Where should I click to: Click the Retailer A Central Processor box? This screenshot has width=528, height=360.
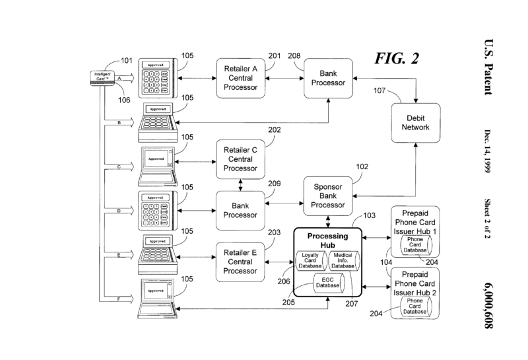click(241, 77)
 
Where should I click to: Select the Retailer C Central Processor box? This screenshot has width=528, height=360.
click(241, 159)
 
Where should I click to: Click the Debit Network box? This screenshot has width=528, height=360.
click(416, 122)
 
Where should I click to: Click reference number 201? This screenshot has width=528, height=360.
click(275, 55)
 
